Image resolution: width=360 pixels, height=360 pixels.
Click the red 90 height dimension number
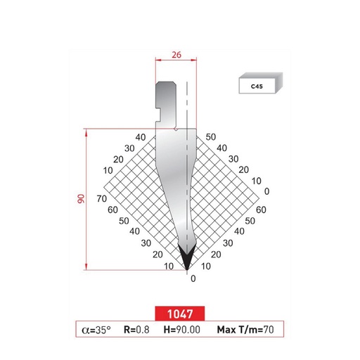click(x=82, y=198)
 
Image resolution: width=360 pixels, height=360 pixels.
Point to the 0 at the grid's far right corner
click(x=266, y=191)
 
